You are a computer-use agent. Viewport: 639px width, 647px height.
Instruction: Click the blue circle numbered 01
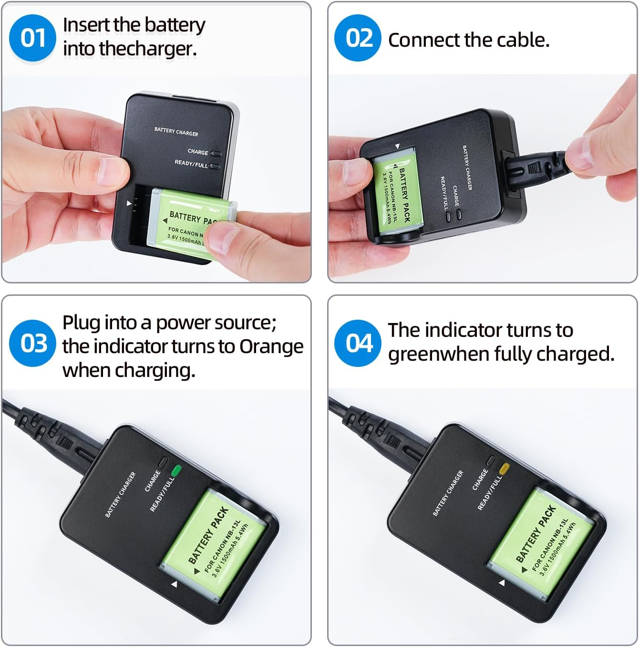[x=32, y=38]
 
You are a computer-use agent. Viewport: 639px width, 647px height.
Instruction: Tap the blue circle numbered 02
[x=358, y=38]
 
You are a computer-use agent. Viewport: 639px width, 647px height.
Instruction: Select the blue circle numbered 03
[x=32, y=343]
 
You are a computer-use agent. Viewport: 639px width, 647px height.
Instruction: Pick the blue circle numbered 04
[x=358, y=343]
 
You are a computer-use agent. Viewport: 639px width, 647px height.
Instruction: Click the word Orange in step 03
[x=271, y=346]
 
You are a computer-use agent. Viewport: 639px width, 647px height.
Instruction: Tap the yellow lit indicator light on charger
[x=504, y=468]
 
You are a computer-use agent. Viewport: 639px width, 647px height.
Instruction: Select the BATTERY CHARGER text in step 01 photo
[x=176, y=132]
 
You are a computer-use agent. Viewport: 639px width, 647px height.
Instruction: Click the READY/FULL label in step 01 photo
[x=191, y=164]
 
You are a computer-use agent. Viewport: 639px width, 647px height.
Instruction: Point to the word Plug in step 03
[x=81, y=323]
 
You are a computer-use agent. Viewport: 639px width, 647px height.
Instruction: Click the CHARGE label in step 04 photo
[x=480, y=480]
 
